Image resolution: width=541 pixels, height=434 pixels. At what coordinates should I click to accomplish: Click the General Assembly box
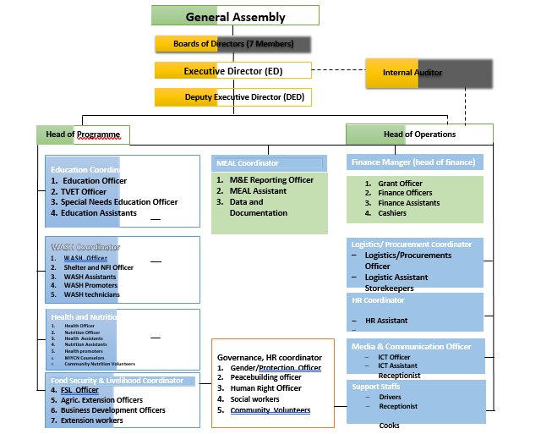pos(235,16)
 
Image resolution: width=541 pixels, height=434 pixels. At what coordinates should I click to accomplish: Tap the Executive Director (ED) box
pos(233,71)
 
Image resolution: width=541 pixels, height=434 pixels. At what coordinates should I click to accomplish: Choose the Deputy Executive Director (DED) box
pos(233,97)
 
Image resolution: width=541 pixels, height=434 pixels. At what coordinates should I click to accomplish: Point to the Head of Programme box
pos(83,135)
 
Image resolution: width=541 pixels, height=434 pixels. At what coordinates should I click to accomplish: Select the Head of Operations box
pos(419,135)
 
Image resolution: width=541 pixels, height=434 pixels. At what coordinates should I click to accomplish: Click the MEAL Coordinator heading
pos(267,162)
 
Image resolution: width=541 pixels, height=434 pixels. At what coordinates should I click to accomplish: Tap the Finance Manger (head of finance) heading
pos(413,162)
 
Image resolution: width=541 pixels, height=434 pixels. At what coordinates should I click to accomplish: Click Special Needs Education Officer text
pos(118,202)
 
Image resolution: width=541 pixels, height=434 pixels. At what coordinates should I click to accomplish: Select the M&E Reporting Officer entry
pos(271,180)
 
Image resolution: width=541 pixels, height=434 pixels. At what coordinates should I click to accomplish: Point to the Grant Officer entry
pos(400,183)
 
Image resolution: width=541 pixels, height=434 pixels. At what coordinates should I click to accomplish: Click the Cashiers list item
pos(391,213)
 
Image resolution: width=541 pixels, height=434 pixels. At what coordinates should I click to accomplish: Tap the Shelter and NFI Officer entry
pos(98,267)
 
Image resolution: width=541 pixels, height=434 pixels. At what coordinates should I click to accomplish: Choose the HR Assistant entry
pos(386,321)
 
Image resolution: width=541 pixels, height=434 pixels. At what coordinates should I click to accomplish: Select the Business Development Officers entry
pos(112,410)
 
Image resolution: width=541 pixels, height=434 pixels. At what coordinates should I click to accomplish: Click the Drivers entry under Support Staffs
pos(390,396)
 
